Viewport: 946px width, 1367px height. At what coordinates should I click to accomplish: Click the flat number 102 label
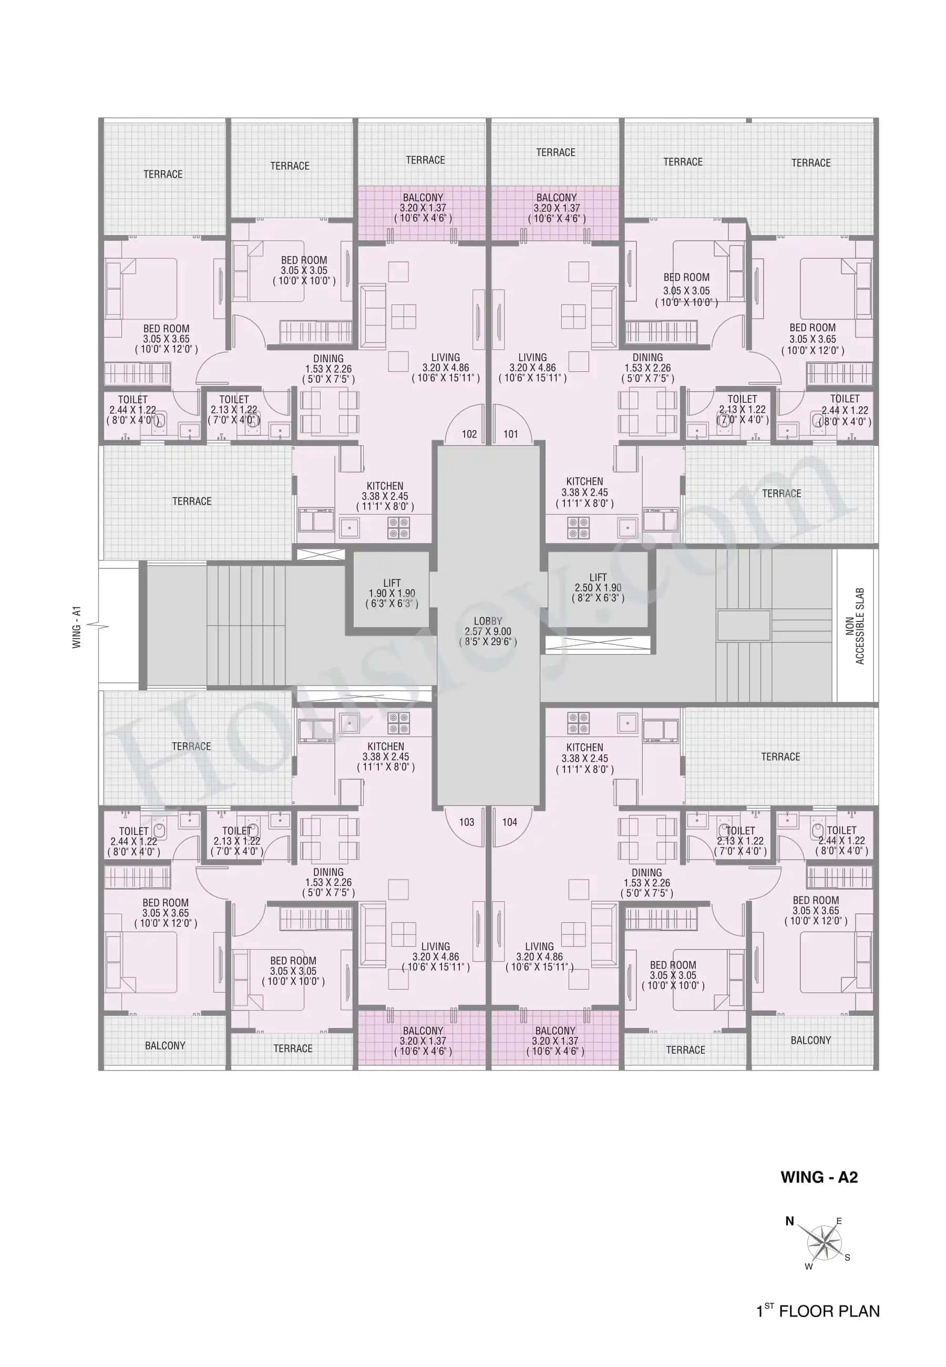tap(469, 434)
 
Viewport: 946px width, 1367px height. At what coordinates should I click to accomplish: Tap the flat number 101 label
tap(510, 434)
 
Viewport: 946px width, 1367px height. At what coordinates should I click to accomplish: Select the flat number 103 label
tap(467, 822)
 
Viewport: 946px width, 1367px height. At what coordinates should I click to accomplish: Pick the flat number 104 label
tap(510, 822)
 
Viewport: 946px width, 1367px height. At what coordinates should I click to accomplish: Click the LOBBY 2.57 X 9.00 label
tap(488, 631)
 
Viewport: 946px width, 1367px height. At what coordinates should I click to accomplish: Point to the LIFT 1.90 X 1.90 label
tap(392, 593)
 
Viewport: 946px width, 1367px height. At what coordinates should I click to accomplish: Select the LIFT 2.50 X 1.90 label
tap(598, 587)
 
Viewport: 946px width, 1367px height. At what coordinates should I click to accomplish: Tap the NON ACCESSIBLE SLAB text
tap(855, 626)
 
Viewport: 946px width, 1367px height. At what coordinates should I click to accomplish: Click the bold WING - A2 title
tap(819, 1177)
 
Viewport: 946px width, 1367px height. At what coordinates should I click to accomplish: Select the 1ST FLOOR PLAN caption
tap(818, 1311)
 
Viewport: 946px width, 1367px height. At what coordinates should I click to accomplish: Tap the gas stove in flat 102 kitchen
tap(398, 527)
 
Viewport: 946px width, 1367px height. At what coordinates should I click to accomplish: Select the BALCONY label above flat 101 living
tap(556, 208)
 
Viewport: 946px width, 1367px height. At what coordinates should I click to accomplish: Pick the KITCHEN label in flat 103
tap(385, 757)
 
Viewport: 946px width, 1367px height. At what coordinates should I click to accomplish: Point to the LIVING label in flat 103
tap(435, 956)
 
